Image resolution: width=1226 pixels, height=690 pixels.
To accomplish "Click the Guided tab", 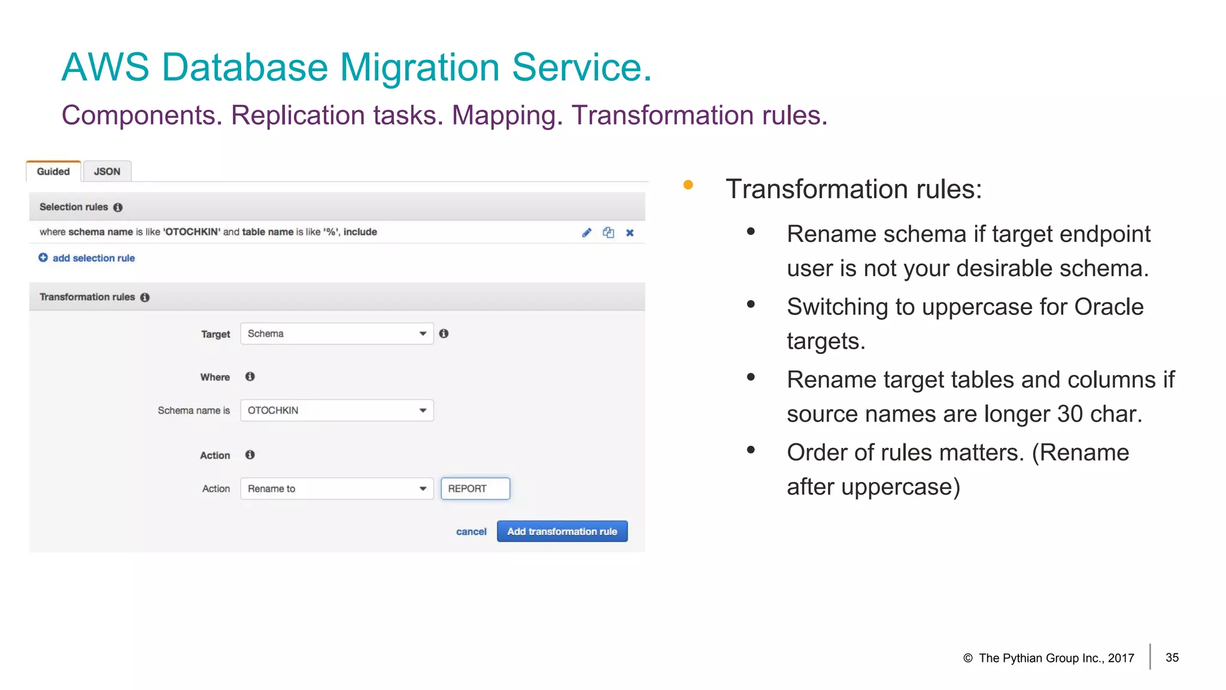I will click(53, 171).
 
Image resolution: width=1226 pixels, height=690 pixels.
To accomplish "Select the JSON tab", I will click(107, 171).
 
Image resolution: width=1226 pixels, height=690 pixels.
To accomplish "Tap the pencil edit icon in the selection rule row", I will click(587, 232).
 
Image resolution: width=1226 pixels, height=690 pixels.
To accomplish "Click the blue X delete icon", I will click(630, 232).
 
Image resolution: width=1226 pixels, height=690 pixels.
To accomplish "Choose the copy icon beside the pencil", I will click(608, 232).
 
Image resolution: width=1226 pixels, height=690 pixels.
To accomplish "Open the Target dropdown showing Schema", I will click(336, 334).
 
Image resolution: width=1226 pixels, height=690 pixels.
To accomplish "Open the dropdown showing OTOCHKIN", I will click(336, 410).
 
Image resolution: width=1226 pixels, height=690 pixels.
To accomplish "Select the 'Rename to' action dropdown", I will click(336, 489).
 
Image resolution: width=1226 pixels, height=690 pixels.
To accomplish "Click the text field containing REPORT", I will click(475, 489).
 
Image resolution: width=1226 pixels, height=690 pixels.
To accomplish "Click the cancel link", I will click(471, 532).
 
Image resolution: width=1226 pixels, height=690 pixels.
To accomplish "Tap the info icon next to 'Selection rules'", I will click(118, 207).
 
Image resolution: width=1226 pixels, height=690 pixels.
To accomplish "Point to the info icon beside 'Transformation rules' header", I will click(145, 297).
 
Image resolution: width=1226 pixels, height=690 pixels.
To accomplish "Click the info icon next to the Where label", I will click(250, 377).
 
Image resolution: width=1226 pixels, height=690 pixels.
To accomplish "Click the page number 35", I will click(1172, 658).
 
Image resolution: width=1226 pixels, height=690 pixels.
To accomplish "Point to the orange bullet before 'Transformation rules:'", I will click(688, 185).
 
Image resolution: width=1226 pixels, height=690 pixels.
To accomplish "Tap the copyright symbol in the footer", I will click(968, 658).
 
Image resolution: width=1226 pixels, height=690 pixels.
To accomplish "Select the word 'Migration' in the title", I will click(420, 67).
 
